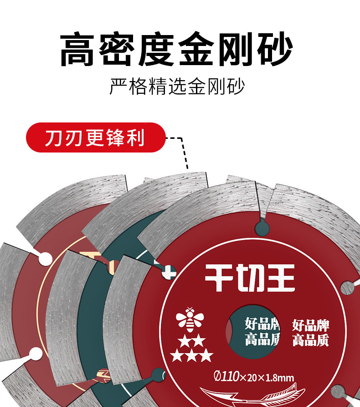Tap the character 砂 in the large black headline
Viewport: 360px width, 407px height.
pos(273,49)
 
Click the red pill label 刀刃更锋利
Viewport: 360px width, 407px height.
pos(95,137)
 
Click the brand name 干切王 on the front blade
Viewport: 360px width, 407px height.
pos(249,278)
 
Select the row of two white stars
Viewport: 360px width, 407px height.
pos(191,341)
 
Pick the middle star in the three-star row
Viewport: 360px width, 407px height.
pos(191,355)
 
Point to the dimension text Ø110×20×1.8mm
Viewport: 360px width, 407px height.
pos(254,377)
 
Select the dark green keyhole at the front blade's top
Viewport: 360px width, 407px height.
pos(262,226)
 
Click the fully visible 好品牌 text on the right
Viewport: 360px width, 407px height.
pos(311,325)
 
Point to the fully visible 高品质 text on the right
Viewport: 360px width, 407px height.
pos(311,340)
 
